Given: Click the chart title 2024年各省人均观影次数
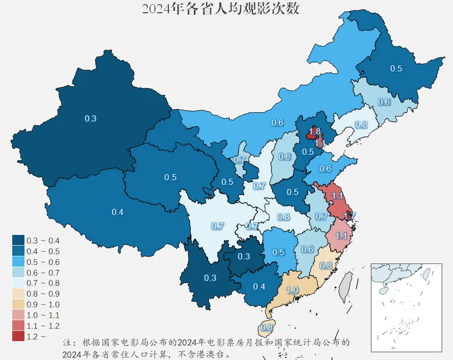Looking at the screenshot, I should pos(220,9).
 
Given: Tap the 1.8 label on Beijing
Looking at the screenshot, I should pos(315,132).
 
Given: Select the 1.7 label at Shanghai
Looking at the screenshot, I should pos(349,217).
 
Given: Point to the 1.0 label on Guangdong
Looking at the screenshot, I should pos(293,290).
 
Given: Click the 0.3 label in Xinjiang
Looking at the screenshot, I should pos(90,118).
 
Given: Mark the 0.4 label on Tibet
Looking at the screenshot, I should pos(117,212).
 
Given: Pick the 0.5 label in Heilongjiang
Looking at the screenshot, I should pos(396,68).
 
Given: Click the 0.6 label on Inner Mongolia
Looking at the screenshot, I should pos(277,123).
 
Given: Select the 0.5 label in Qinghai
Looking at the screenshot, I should pos(170,177).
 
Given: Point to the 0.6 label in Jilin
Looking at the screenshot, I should pos(384,102).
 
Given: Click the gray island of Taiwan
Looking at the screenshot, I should pos(347,282).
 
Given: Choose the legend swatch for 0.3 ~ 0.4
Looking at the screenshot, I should pos(18,240).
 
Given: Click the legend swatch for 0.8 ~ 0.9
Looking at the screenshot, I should pos(18,294).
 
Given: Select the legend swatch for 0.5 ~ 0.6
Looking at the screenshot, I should pos(18,261).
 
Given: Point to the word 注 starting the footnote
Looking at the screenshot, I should pos(67,342).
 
